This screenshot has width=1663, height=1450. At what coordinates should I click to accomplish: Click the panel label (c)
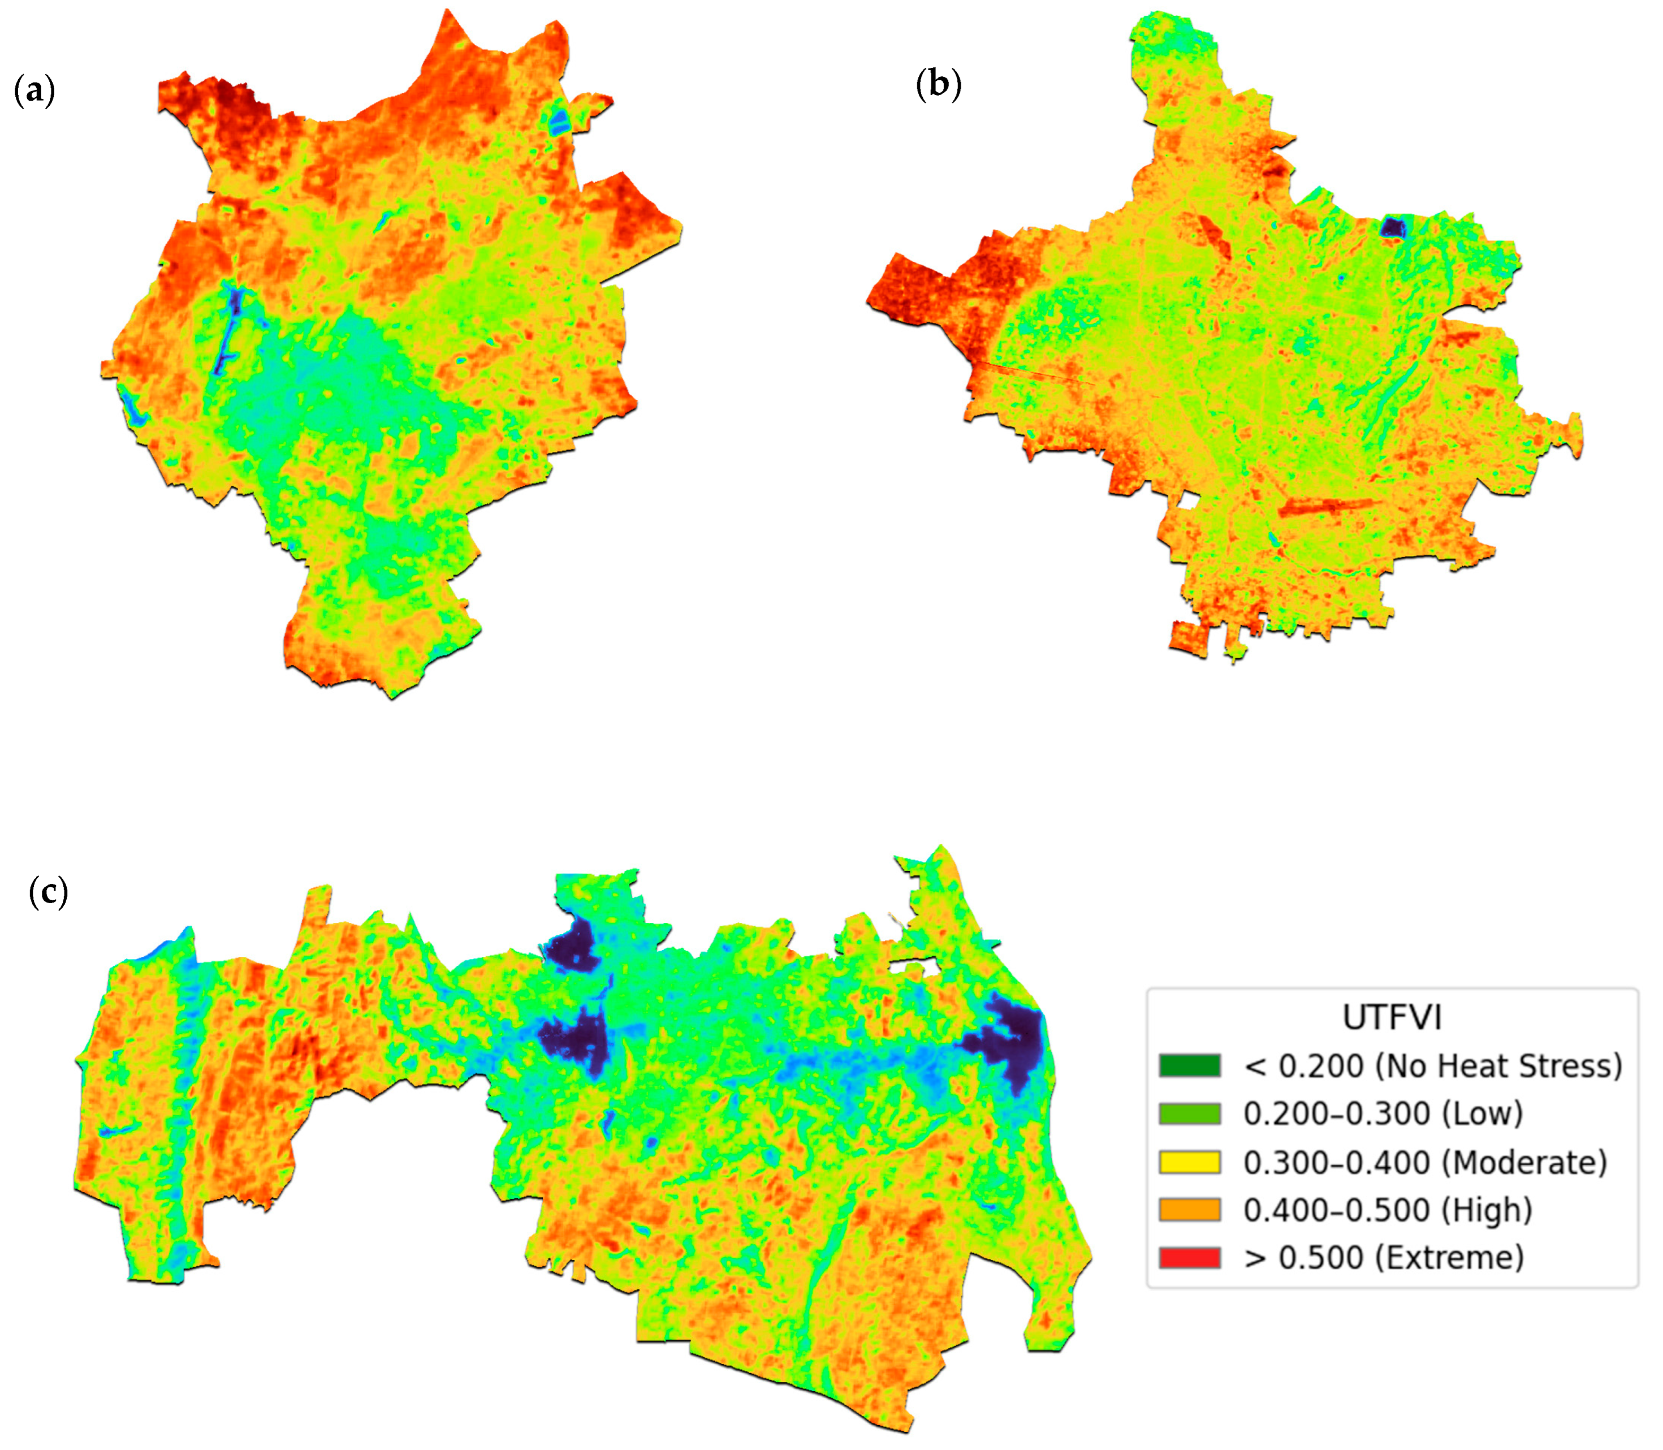[x=49, y=892]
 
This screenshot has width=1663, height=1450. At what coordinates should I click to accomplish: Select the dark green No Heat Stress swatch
[x=1189, y=1065]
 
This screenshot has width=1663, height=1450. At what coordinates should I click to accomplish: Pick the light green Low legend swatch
[x=1189, y=1114]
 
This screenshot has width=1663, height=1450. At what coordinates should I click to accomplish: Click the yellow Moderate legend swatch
[x=1189, y=1163]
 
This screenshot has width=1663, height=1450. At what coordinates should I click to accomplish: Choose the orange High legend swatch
[x=1189, y=1210]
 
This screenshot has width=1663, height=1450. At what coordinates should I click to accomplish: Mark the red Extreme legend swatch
[x=1189, y=1258]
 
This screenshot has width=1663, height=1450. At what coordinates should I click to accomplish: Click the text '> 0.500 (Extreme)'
[x=1384, y=1258]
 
